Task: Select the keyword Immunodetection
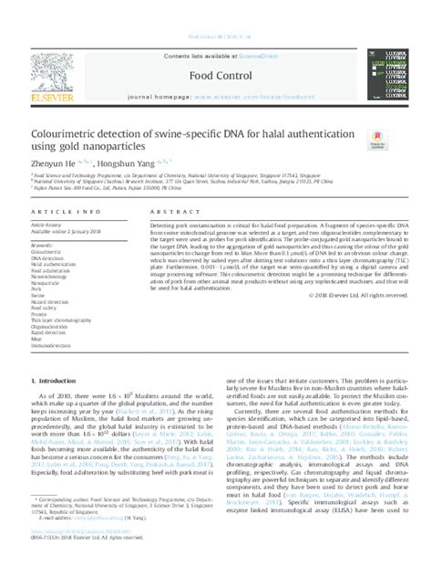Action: pos(57,347)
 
